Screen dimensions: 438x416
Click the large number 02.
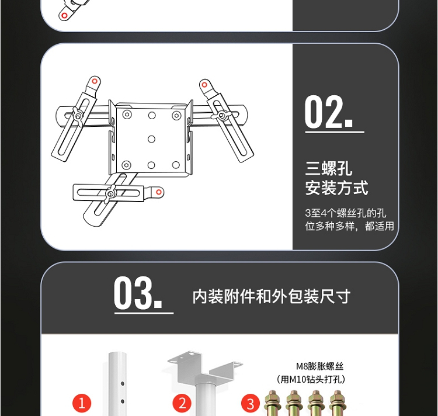tap(328, 112)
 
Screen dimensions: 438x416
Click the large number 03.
tap(138, 293)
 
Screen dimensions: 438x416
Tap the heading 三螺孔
tap(328, 168)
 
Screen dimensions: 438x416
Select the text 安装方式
tap(336, 188)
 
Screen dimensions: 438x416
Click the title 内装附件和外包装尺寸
tap(271, 296)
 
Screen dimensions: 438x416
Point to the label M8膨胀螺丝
tap(319, 366)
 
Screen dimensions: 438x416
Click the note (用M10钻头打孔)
tap(311, 379)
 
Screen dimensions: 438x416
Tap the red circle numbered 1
tap(82, 403)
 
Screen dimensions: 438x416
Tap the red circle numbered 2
tap(182, 403)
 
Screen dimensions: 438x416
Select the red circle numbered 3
tap(251, 404)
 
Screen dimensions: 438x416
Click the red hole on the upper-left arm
tap(95, 81)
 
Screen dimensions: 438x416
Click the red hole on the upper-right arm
tap(204, 85)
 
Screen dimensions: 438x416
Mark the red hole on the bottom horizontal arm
tap(159, 192)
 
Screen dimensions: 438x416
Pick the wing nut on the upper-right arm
tap(221, 115)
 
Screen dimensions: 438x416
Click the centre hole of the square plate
tap(151, 139)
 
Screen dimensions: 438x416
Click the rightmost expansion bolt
tap(337, 403)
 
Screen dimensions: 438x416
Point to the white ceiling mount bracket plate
tap(206, 365)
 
